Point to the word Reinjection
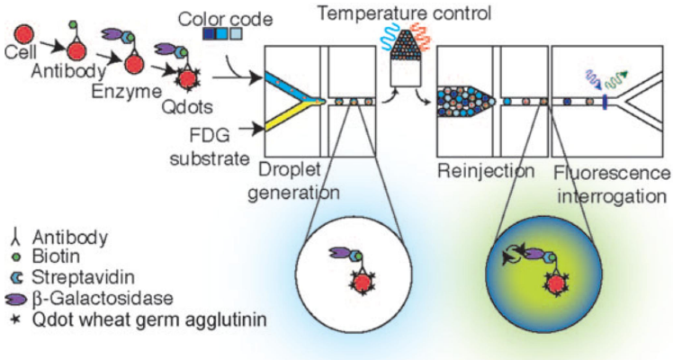[487, 171]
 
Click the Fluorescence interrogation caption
[612, 182]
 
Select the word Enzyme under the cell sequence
[93, 92]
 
